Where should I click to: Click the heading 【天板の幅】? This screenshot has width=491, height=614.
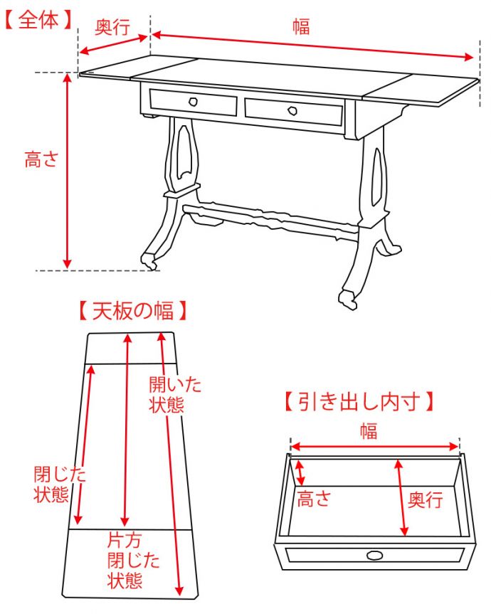[133, 311]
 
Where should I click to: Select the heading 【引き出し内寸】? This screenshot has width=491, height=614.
[359, 402]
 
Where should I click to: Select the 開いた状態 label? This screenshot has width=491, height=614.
[174, 395]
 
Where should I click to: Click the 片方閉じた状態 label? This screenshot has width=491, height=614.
[125, 559]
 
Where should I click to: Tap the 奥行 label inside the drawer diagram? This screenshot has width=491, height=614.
[425, 499]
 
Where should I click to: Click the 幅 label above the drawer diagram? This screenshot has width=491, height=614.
[368, 430]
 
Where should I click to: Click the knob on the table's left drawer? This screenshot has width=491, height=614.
[192, 102]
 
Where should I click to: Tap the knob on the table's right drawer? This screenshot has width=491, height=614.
[292, 110]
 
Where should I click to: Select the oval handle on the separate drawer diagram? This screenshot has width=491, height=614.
[374, 556]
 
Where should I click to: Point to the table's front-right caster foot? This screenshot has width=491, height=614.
[349, 299]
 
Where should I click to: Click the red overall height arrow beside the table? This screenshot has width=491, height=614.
[68, 171]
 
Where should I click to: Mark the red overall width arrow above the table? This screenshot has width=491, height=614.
[313, 45]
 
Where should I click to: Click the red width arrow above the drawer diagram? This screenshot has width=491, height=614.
[375, 446]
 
